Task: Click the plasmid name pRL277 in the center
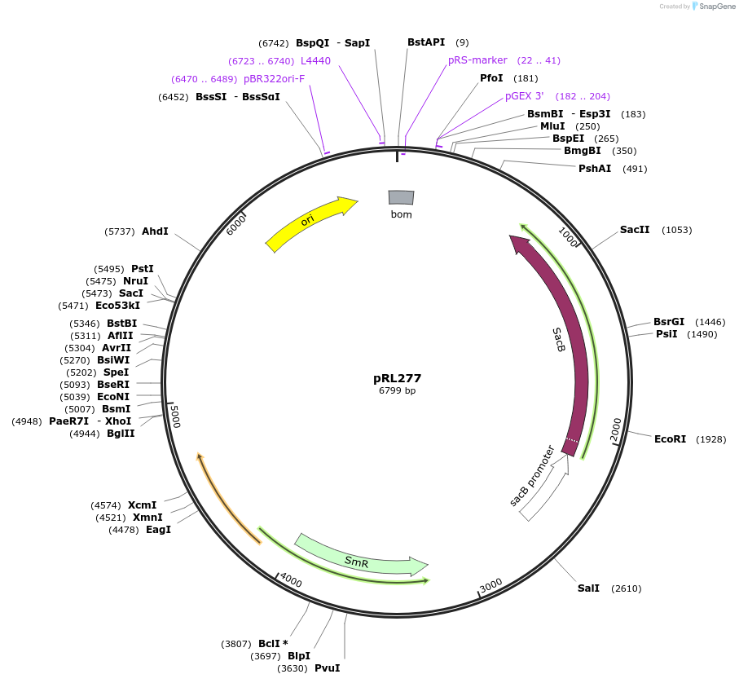click(397, 378)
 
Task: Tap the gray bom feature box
click(401, 197)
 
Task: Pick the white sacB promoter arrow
click(544, 489)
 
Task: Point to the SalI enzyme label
click(588, 588)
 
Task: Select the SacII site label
click(635, 230)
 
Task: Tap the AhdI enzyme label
click(155, 231)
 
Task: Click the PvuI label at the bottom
click(327, 668)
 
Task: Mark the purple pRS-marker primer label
click(477, 60)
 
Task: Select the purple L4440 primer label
click(315, 61)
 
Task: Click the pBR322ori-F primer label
click(274, 79)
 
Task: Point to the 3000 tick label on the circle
click(490, 587)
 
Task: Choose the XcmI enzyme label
click(142, 505)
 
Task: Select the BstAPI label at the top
click(426, 42)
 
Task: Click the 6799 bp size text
click(397, 390)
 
